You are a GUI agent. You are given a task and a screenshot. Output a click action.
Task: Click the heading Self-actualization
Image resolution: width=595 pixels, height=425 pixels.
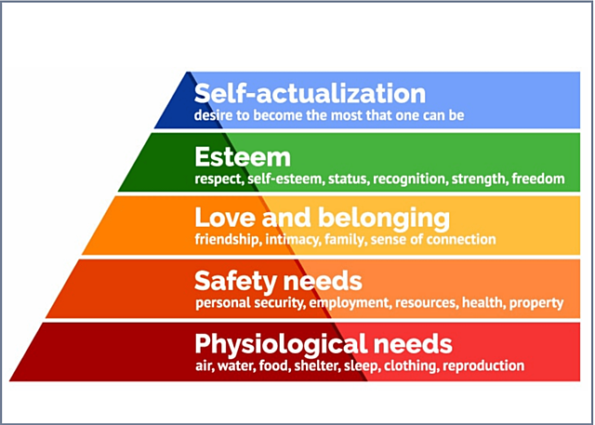point(310,94)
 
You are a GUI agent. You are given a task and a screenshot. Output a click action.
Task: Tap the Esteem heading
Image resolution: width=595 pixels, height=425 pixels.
point(242,156)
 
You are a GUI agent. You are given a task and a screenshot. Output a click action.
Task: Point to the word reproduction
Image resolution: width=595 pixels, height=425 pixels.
point(483,366)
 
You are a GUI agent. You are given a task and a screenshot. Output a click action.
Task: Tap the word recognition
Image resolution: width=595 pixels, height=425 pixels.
point(405,178)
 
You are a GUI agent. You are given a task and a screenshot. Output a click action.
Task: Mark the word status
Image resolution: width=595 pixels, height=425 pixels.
point(339,178)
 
